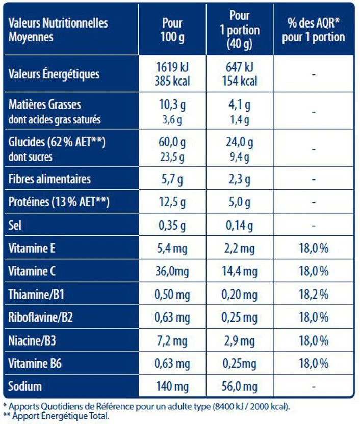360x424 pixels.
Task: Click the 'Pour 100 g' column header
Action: click(172, 30)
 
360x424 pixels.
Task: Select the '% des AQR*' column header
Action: click(313, 30)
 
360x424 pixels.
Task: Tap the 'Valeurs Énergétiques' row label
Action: click(54, 74)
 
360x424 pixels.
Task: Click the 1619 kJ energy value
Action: click(172, 67)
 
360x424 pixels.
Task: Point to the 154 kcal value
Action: click(240, 81)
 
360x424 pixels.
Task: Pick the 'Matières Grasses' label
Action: click(45, 105)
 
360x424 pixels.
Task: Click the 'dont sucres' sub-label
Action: click(31, 157)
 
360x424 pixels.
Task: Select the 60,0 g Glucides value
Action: click(172, 143)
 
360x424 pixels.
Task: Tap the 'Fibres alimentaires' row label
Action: click(50, 179)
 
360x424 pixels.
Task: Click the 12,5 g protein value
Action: click(172, 202)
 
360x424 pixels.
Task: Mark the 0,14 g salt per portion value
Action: click(240, 225)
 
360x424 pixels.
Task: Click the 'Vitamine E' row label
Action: click(32, 248)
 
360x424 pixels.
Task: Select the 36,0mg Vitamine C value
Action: click(172, 272)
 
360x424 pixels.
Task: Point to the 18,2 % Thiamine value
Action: click(313, 295)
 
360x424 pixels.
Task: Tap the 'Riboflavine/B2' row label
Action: click(41, 317)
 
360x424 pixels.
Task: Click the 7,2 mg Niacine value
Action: click(172, 340)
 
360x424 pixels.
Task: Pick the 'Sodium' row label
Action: click(25, 387)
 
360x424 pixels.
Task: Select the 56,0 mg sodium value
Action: click(240, 387)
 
